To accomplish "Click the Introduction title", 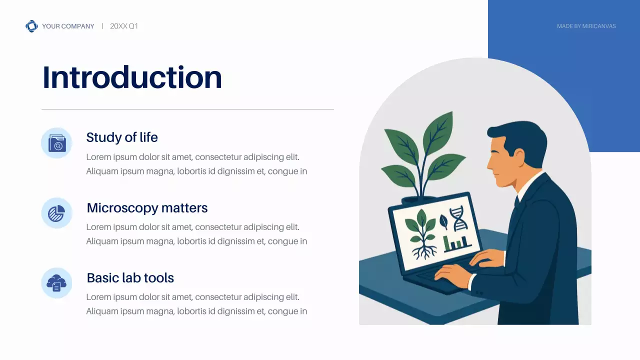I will (132, 77).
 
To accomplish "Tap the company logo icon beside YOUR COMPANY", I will (31, 26).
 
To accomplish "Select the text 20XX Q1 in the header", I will (124, 26).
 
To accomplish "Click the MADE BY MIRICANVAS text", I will (586, 26).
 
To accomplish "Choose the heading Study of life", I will (122, 137).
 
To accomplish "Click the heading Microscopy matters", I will (147, 207).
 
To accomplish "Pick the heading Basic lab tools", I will (130, 277).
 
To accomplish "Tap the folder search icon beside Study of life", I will (56, 143).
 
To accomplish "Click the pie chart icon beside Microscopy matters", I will (56, 213).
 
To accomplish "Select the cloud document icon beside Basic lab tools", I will (56, 283).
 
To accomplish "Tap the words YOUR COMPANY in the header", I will (68, 26).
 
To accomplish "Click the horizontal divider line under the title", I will (187, 109).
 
